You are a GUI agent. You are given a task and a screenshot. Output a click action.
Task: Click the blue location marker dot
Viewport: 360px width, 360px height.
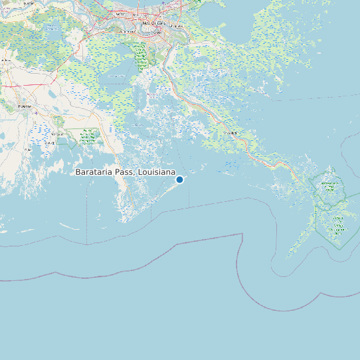click(179, 179)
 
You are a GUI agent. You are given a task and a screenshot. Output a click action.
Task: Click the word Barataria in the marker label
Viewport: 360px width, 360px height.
click(94, 172)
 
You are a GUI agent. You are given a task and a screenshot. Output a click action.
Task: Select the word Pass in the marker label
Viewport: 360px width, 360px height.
click(124, 172)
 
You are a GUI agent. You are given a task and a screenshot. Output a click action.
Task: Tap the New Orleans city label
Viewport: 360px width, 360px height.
click(153, 23)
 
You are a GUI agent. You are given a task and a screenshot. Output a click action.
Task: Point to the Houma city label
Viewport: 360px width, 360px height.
click(25, 106)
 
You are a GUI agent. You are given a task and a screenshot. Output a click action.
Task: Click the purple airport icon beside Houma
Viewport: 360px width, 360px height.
click(35, 112)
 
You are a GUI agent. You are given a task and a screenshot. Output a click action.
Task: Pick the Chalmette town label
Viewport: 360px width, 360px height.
click(175, 25)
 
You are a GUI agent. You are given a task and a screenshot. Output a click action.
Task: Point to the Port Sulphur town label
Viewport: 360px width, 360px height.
click(230, 133)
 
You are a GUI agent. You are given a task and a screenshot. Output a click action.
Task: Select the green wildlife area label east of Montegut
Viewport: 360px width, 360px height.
click(86, 137)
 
